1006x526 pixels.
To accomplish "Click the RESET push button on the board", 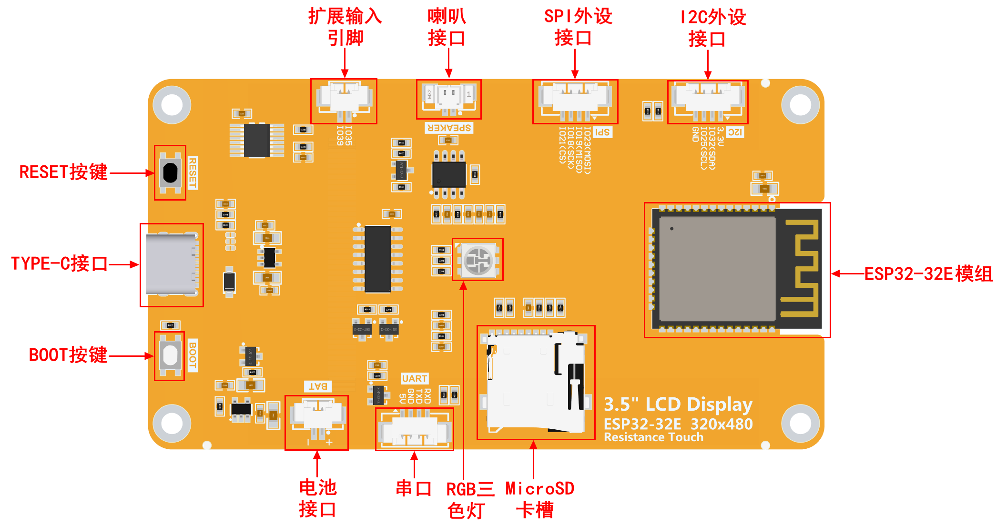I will pyautogui.click(x=170, y=173).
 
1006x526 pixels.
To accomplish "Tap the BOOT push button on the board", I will pyautogui.click(x=170, y=355).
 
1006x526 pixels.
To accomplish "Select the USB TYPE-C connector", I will pyautogui.click(x=172, y=264).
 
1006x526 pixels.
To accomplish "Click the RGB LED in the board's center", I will pyautogui.click(x=478, y=260).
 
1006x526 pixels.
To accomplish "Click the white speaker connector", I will pyautogui.click(x=448, y=98).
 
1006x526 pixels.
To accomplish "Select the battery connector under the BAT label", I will pyautogui.click(x=317, y=417).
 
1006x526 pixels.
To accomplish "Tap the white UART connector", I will pyautogui.click(x=414, y=428).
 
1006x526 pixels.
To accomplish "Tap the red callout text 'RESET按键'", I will pyautogui.click(x=63, y=172).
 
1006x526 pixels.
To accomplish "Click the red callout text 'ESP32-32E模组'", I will pyautogui.click(x=928, y=274).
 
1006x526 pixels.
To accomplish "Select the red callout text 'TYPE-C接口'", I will pyautogui.click(x=60, y=263).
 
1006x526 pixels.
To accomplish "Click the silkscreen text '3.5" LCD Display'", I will pyautogui.click(x=678, y=405).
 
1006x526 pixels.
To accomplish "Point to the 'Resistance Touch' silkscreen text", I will pyautogui.click(x=653, y=437).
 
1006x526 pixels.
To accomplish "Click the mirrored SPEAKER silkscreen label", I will pyautogui.click(x=449, y=128).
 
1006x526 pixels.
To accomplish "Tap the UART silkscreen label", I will pyautogui.click(x=414, y=379).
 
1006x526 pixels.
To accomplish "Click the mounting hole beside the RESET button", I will pyautogui.click(x=172, y=105).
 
